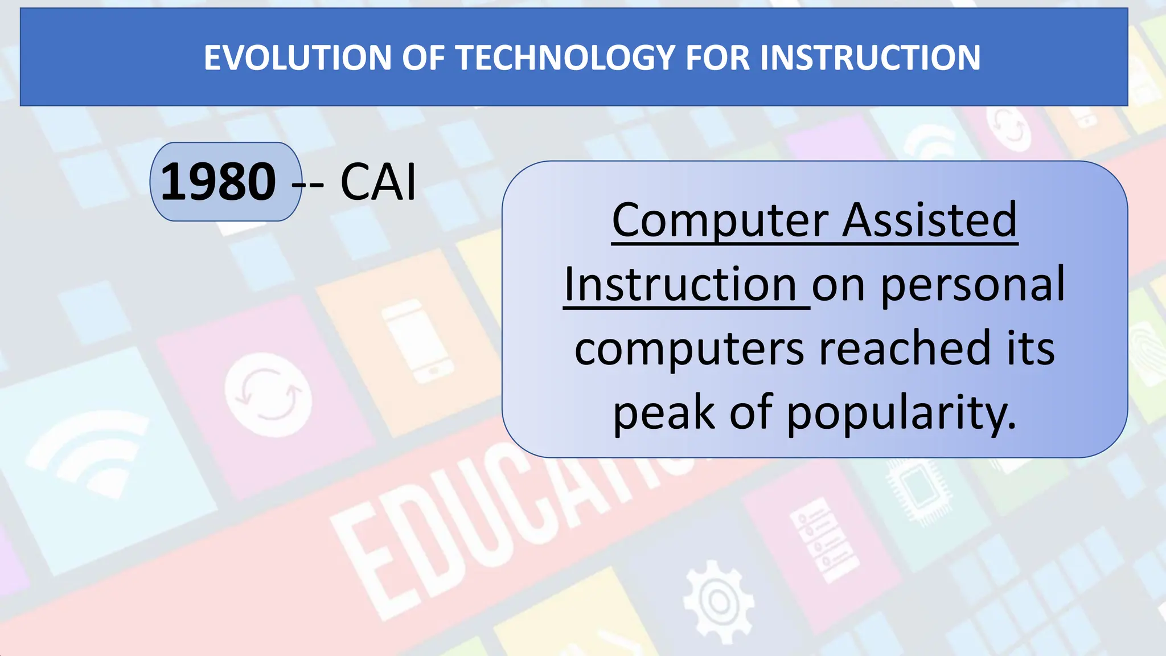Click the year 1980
click(219, 182)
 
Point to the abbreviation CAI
click(378, 182)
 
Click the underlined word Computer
click(720, 220)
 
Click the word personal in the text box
click(972, 284)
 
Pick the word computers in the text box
click(690, 348)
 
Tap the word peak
click(663, 413)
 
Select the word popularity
click(901, 413)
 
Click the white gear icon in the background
click(719, 601)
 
